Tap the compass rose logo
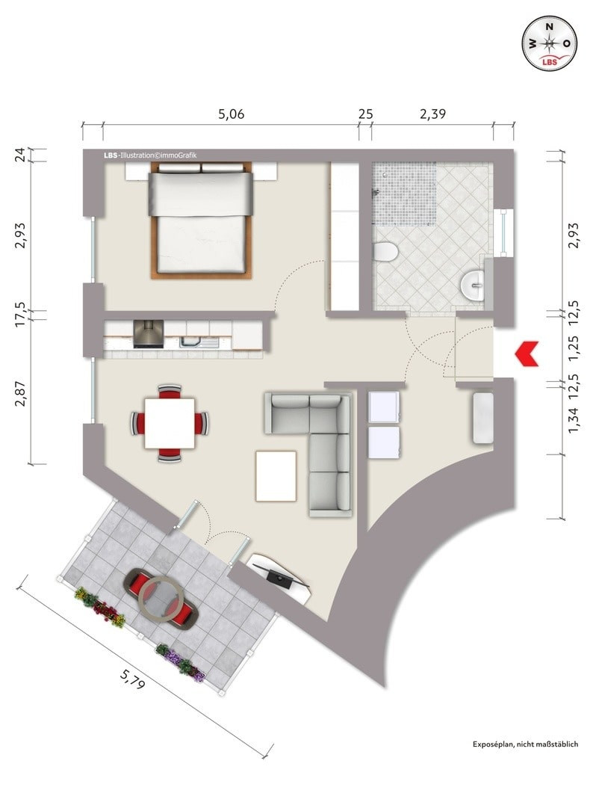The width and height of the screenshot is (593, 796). tap(550, 43)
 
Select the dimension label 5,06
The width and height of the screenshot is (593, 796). tap(232, 114)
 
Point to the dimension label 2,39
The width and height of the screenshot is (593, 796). tap(432, 114)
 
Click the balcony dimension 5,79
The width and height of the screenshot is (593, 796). tap(132, 679)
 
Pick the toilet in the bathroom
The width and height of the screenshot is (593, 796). tap(385, 252)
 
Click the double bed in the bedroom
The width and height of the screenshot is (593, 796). tap(202, 220)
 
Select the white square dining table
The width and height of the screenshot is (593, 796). tap(170, 423)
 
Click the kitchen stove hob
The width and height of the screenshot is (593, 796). tap(148, 335)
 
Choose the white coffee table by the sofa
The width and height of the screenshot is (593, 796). tap(276, 476)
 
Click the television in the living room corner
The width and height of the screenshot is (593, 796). tap(279, 578)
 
